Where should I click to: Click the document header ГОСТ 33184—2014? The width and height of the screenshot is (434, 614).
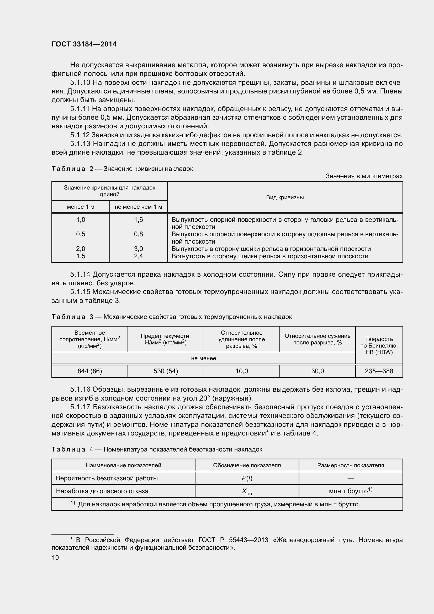click(84, 44)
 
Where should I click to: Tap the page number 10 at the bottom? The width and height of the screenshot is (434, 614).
click(55, 558)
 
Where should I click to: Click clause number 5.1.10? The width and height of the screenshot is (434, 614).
click(80, 83)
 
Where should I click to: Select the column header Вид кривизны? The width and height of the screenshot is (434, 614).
click(285, 197)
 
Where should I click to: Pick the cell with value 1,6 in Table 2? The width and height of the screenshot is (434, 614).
click(139, 220)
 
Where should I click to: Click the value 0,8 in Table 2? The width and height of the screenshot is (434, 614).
click(139, 234)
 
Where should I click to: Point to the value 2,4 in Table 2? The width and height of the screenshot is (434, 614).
click(139, 256)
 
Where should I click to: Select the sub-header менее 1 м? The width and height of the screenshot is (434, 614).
click(81, 207)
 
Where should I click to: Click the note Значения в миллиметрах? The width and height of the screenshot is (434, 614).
click(364, 176)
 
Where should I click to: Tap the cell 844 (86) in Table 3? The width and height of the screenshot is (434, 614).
click(90, 371)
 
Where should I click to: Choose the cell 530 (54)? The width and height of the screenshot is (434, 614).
click(166, 371)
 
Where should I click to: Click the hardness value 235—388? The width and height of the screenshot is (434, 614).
click(379, 371)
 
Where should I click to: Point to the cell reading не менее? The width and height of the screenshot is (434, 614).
click(203, 358)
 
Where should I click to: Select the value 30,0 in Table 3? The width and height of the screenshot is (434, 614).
click(317, 371)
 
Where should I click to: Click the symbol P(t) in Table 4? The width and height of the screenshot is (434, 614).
click(247, 478)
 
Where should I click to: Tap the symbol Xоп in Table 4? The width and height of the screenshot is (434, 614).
click(247, 491)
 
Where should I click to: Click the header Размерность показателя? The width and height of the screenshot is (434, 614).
click(350, 465)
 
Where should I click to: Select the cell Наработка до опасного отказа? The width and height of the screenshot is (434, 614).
click(102, 491)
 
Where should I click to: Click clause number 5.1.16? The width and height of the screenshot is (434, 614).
click(80, 390)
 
